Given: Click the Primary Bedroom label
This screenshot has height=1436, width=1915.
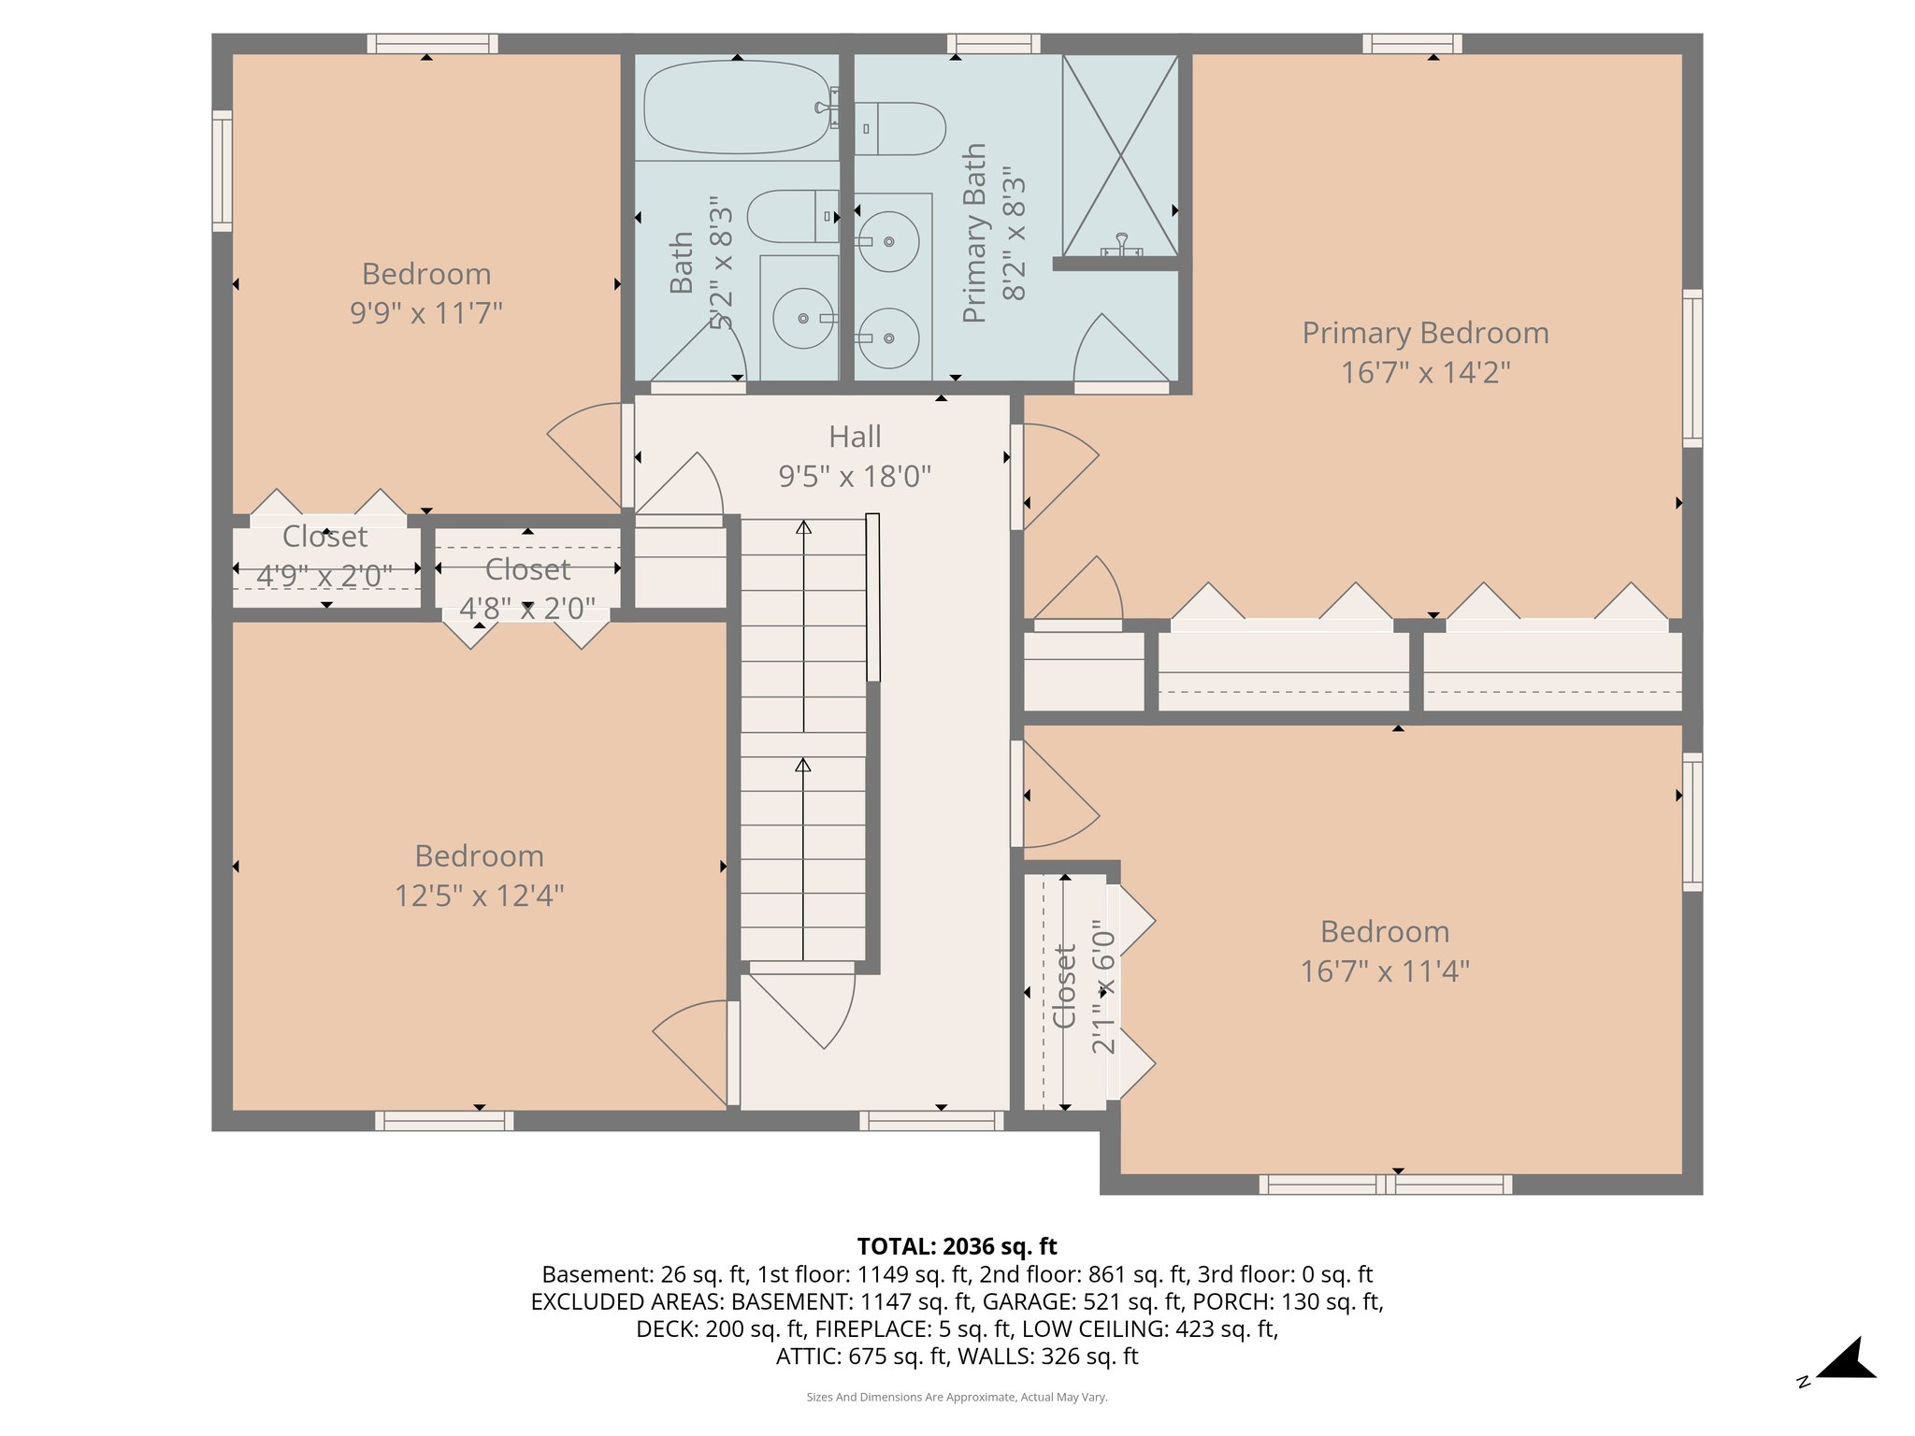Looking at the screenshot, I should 1425,333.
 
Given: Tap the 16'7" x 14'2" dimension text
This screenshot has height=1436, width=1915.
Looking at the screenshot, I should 1425,373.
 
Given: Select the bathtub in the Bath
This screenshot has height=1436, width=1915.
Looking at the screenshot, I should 736,108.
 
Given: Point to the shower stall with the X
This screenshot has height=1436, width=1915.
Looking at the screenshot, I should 1119,155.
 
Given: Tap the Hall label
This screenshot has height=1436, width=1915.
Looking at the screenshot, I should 855,437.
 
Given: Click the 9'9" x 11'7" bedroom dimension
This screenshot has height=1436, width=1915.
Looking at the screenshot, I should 426,312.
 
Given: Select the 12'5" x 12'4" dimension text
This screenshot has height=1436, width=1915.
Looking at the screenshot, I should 479,896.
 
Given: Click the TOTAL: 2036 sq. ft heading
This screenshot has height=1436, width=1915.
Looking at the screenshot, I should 957,1246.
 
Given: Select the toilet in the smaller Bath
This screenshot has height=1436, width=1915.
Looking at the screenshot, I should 793,216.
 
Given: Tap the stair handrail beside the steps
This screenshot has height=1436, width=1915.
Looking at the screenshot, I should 872,597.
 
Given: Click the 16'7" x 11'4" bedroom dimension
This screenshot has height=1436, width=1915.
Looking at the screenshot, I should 1384,971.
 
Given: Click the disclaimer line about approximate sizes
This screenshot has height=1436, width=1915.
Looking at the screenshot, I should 957,1397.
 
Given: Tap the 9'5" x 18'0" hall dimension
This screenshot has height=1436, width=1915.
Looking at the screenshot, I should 855,477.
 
